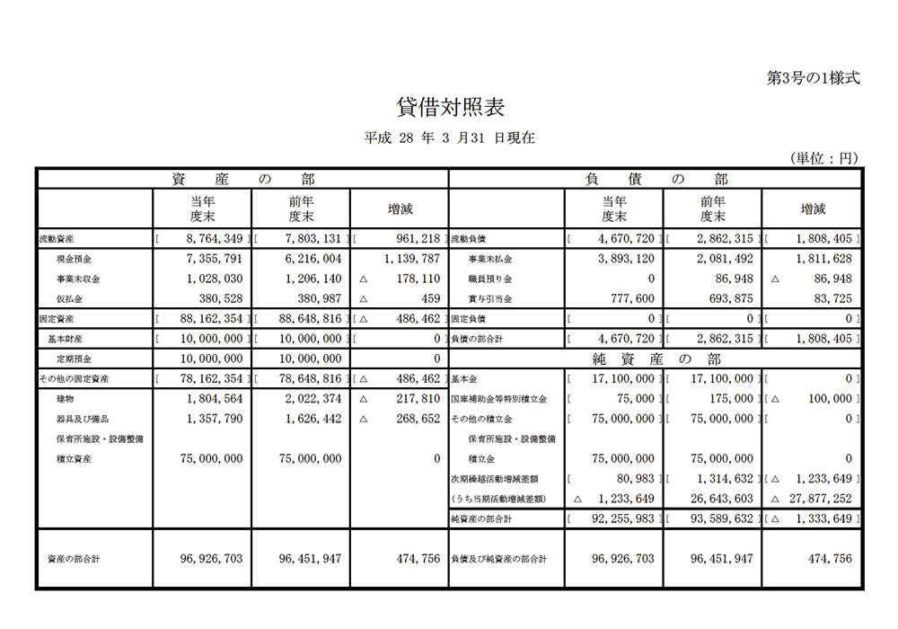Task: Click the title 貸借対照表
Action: click(450, 108)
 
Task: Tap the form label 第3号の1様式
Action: click(813, 78)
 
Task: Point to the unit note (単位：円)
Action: click(824, 158)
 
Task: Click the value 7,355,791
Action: click(211, 259)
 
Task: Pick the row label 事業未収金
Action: click(78, 279)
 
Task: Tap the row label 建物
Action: click(66, 398)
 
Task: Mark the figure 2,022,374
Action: click(310, 398)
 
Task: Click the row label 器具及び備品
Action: click(83, 418)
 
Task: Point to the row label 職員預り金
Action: click(490, 279)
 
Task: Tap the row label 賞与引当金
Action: click(490, 298)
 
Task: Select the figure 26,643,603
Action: click(722, 498)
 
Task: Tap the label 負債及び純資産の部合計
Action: click(498, 559)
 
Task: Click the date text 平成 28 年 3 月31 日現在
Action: click(449, 138)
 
